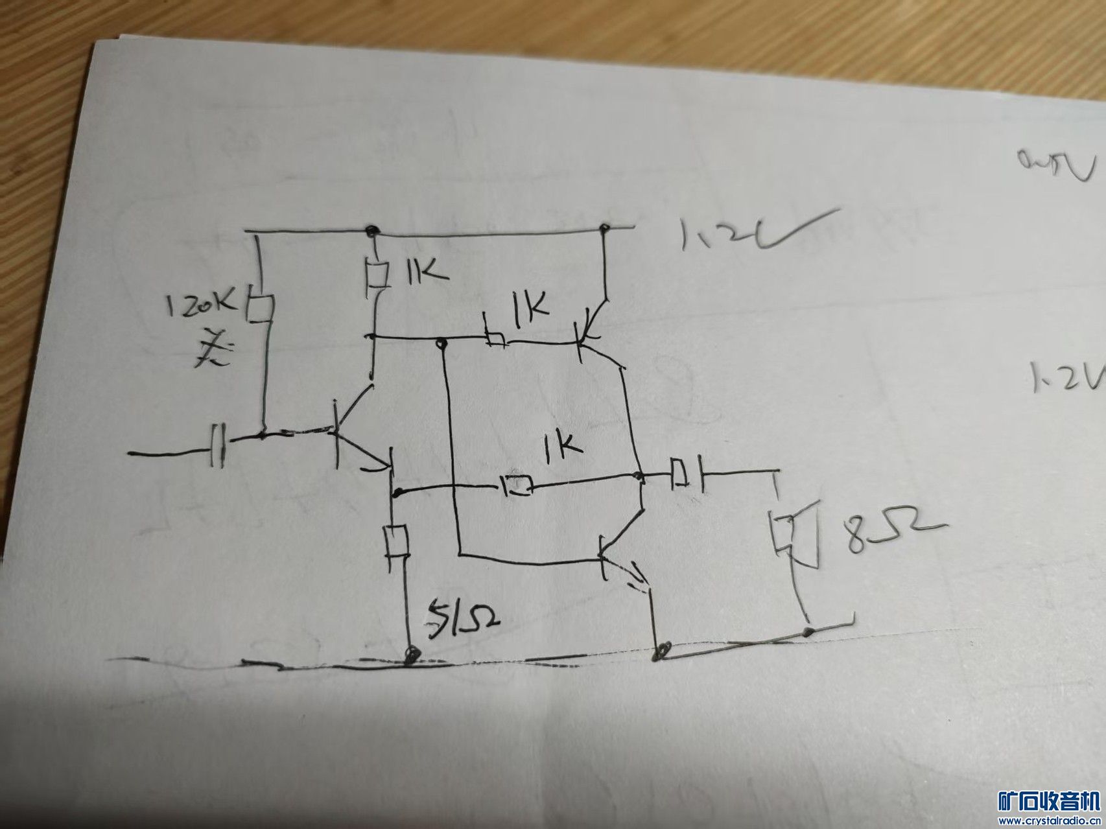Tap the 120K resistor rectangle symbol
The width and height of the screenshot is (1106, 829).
click(260, 309)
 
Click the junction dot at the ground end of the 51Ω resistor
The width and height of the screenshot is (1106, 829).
click(410, 655)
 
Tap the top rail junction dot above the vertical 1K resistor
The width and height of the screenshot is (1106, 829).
click(371, 229)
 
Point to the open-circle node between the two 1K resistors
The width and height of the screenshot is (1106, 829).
click(441, 342)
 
